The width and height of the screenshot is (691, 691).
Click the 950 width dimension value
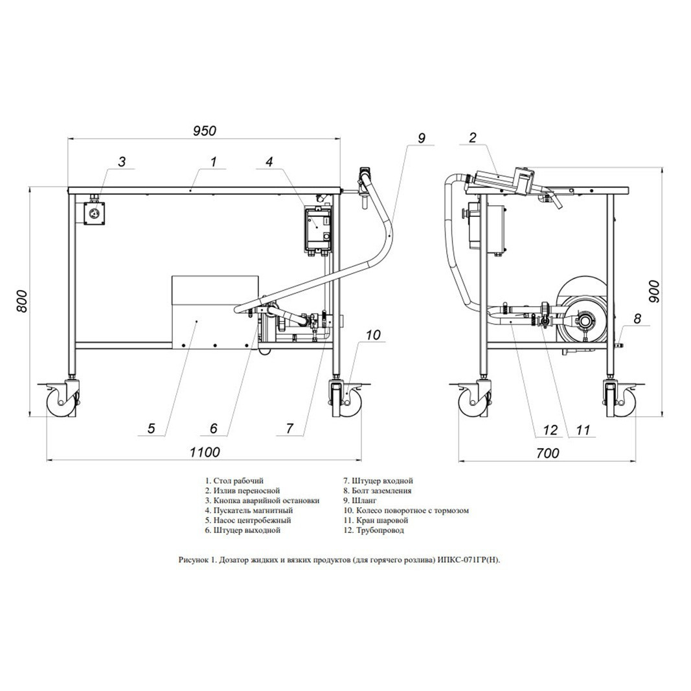(205, 131)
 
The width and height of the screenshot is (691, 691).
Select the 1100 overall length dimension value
(205, 452)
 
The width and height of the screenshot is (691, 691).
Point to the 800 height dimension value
(21, 301)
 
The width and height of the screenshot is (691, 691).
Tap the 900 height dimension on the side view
(655, 291)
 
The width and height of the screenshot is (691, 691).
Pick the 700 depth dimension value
(549, 453)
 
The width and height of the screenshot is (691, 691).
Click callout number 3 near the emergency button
(122, 162)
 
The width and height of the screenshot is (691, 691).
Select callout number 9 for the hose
(422, 138)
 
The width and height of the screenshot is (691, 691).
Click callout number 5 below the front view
(151, 428)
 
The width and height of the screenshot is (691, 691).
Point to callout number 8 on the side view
(637, 319)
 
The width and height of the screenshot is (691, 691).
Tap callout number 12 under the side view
(551, 429)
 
